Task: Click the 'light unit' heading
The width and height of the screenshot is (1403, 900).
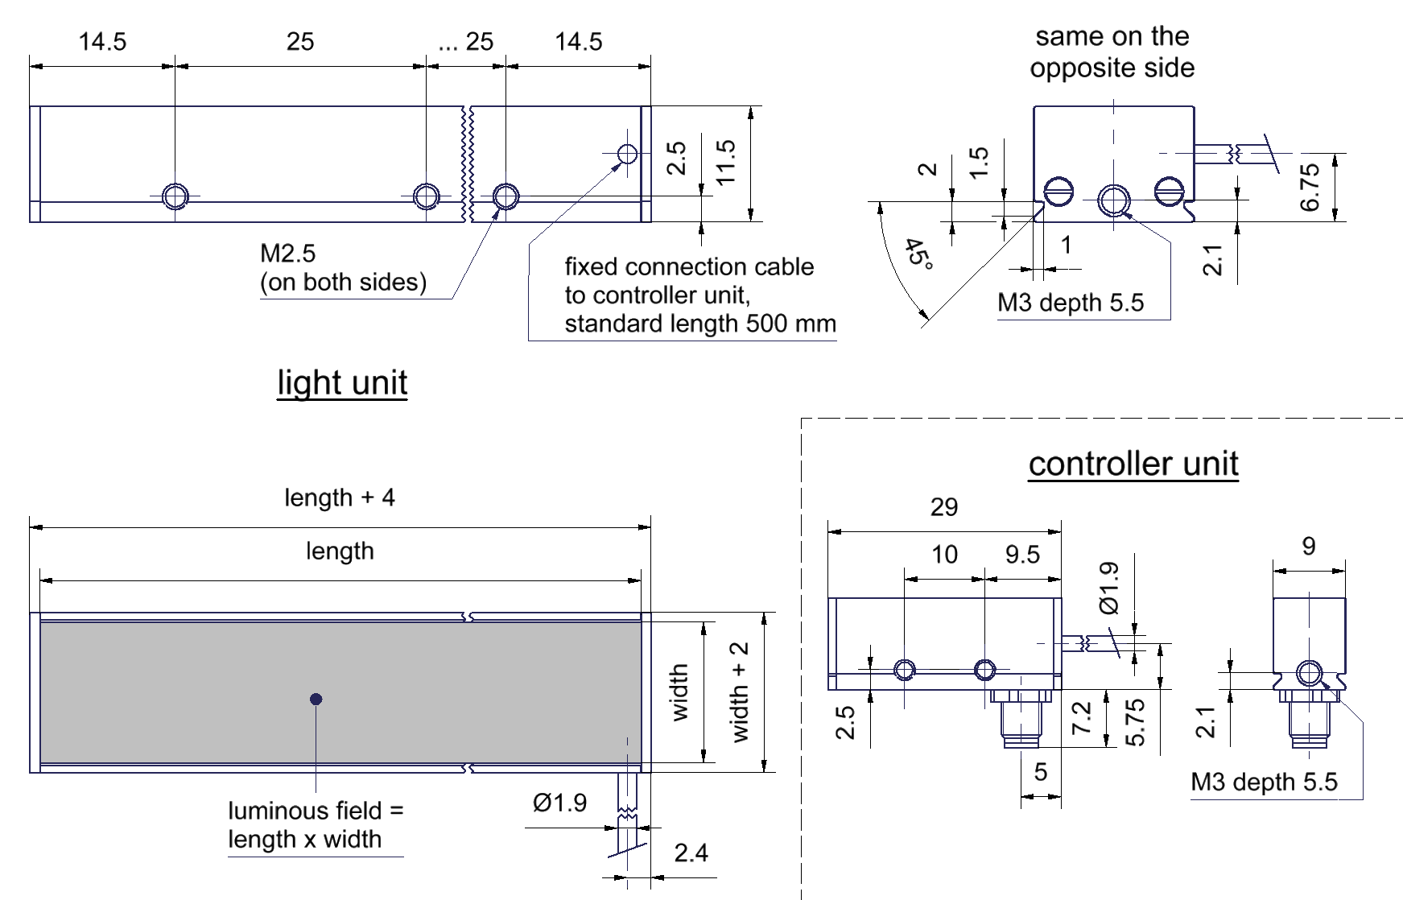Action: [342, 382]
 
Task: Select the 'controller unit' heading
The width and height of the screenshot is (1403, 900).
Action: [1133, 464]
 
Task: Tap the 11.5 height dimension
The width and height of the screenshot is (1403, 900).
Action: [725, 163]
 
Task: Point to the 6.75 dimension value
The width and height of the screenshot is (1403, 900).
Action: [1310, 187]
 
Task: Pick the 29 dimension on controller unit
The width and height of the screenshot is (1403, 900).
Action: [944, 507]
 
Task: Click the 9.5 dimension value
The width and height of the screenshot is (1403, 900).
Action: [1022, 555]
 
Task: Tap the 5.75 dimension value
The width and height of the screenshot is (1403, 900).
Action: [1134, 723]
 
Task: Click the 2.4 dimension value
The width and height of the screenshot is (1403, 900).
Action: [691, 853]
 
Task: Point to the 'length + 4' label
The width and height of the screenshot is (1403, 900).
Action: [340, 497]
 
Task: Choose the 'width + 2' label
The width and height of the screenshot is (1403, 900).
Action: [739, 692]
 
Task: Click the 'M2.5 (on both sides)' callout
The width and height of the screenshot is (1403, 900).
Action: [343, 268]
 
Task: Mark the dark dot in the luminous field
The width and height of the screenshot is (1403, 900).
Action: [316, 699]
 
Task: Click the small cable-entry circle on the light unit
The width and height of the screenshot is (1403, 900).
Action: [627, 154]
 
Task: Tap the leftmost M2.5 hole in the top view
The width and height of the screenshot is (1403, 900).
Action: [175, 196]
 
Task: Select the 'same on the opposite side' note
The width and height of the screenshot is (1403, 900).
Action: [1112, 52]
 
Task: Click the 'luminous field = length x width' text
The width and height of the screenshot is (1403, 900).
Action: [316, 825]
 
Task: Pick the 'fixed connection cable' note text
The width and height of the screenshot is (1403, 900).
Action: [700, 295]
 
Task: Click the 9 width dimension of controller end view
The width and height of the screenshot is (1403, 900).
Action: [1309, 547]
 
